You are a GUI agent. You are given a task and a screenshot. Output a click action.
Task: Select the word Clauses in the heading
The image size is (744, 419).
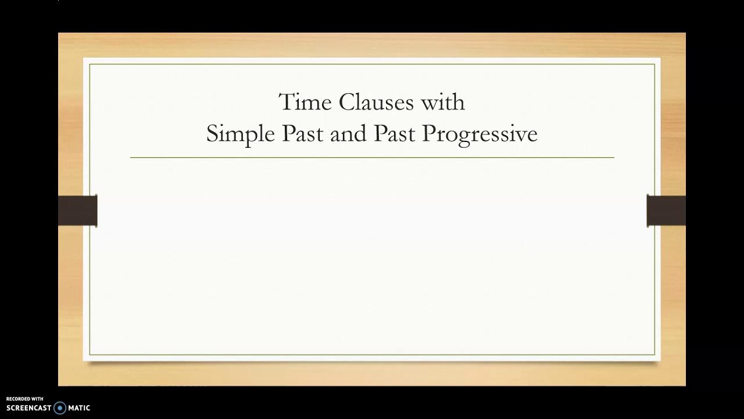(376, 102)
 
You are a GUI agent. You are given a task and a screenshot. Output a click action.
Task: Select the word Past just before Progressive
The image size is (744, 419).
(394, 134)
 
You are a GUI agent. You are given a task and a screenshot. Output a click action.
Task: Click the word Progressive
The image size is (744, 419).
(480, 134)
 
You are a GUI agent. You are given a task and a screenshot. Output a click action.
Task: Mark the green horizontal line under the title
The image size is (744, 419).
(372, 158)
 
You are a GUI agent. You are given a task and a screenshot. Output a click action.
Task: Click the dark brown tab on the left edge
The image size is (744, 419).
(77, 211)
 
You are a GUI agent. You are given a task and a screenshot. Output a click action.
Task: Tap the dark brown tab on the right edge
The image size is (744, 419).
(666, 211)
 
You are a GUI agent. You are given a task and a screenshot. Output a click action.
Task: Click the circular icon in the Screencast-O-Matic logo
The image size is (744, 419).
(60, 408)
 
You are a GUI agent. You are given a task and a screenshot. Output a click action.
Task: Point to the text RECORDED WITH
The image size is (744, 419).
(25, 399)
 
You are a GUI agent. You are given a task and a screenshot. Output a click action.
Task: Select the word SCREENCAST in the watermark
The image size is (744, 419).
(29, 408)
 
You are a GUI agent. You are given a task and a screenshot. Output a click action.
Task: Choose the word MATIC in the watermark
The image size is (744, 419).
(79, 408)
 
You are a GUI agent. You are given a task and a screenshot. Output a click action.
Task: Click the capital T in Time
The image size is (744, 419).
(285, 102)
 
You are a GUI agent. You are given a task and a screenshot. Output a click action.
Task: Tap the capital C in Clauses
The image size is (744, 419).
(346, 102)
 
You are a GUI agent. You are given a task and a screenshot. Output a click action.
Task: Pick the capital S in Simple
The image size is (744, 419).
(212, 134)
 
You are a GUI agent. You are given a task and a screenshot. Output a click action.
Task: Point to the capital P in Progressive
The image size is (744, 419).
(429, 134)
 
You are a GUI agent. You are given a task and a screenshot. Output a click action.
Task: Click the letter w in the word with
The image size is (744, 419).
(429, 104)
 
